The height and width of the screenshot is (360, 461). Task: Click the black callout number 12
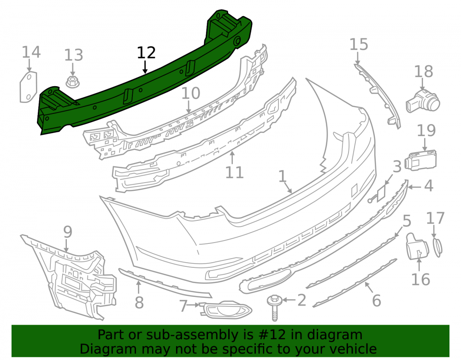(x=146, y=53)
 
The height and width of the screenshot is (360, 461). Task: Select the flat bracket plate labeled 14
(x=29, y=87)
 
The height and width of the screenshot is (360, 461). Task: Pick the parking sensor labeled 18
(x=423, y=101)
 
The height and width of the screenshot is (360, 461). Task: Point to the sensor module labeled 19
(x=420, y=160)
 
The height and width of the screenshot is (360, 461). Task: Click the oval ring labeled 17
(x=437, y=248)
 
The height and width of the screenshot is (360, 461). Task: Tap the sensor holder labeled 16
(x=417, y=246)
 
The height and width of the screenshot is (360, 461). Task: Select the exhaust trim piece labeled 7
(x=225, y=310)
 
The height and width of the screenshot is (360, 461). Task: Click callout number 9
(x=68, y=232)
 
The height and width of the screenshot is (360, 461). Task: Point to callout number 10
(x=190, y=93)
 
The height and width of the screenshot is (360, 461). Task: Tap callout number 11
(x=234, y=172)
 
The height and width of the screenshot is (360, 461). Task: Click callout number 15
(x=359, y=44)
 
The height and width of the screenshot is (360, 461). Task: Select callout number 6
(x=377, y=301)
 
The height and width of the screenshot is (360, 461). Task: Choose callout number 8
(x=139, y=302)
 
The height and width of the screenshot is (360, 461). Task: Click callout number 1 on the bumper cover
(x=282, y=177)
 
